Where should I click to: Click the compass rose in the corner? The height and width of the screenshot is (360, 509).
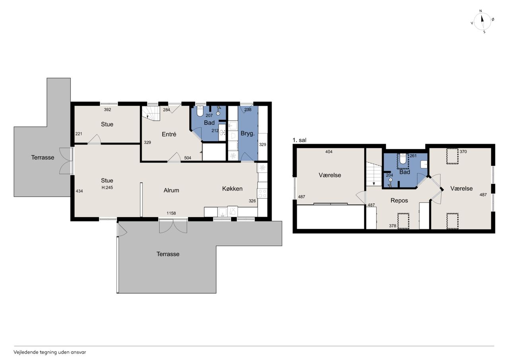click(482, 21)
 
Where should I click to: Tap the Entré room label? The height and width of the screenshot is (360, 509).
click(169, 134)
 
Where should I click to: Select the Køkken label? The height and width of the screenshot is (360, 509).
click(232, 189)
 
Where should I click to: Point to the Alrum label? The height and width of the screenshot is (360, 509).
click(171, 190)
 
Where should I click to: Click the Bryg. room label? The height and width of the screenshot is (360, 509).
click(247, 133)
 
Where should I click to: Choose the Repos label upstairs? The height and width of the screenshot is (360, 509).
click(399, 200)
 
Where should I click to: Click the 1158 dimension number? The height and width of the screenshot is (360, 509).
click(171, 213)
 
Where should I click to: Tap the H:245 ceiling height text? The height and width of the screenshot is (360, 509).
click(107, 187)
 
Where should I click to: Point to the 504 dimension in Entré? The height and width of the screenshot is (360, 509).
click(187, 158)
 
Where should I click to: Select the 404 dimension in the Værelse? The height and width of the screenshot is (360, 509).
click(328, 152)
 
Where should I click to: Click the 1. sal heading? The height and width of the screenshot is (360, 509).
click(299, 140)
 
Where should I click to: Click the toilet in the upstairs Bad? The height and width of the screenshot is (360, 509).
click(403, 159)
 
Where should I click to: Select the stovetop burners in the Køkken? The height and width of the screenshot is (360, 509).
click(262, 193)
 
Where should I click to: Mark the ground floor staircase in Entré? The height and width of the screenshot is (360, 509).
click(151, 113)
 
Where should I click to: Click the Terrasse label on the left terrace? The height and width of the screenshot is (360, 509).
click(43, 158)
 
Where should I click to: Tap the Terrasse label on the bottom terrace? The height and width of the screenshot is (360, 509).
click(168, 254)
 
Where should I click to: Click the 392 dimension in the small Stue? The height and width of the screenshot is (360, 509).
click(107, 109)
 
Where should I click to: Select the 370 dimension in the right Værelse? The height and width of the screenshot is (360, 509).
click(463, 152)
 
